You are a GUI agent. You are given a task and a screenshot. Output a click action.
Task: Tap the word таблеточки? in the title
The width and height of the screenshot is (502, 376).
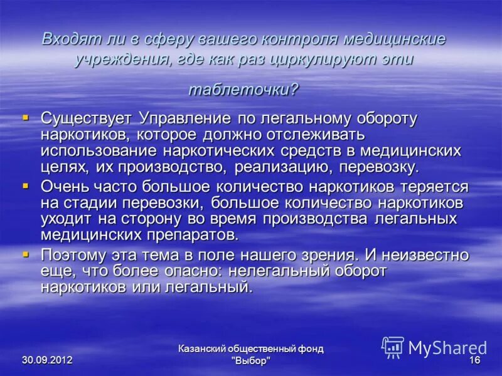point(243,89)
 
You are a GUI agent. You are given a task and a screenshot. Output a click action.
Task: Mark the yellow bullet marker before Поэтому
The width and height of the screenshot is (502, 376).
point(26,254)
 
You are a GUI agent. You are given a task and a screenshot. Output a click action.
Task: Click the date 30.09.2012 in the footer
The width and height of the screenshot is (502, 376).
point(47,360)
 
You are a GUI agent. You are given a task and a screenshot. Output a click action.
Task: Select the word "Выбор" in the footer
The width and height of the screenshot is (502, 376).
point(251,362)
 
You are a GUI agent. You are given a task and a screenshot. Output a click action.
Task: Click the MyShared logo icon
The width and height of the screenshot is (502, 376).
point(393,347)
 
